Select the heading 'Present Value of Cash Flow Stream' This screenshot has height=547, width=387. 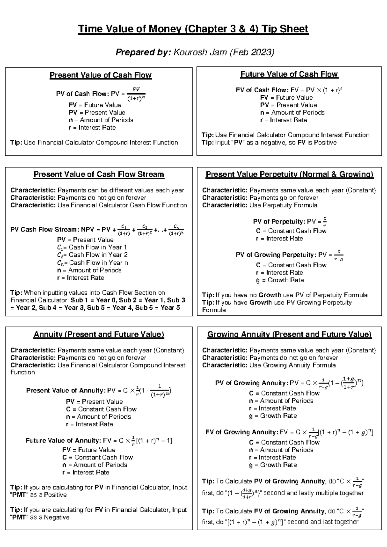coord(99,174)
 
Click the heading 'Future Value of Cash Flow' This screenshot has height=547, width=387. coord(289,74)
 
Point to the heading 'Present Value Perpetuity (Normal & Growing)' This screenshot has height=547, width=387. coord(289,174)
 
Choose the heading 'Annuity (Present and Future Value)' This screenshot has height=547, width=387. coord(99,334)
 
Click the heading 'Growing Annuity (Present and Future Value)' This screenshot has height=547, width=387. coord(289,334)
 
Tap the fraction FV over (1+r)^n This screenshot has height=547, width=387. coord(136,94)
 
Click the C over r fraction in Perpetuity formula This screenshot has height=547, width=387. coord(324,221)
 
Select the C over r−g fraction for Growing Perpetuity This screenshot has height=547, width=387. coord(339,255)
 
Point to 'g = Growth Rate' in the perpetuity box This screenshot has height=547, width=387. coord(280,280)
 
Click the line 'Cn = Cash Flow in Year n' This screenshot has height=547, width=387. coord(93,263)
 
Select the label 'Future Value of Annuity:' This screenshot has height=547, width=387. coord(64,441)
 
